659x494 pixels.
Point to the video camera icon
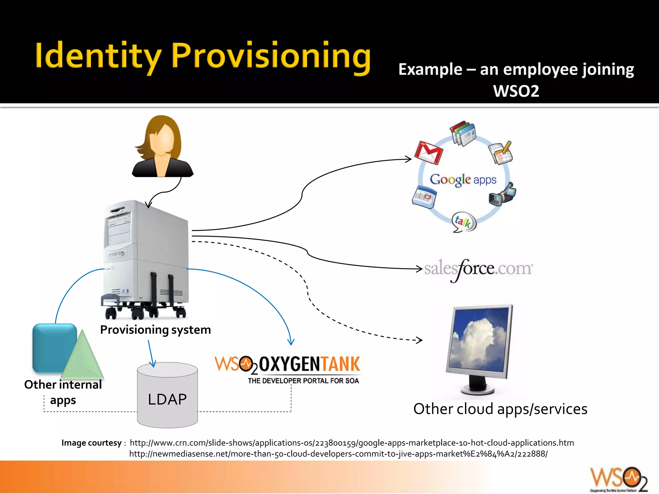tap(502, 194)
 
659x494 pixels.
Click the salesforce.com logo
tap(478, 269)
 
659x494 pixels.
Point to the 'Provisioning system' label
tap(155, 330)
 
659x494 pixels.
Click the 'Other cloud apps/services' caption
tap(500, 409)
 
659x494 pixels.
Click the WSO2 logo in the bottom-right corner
tap(618, 479)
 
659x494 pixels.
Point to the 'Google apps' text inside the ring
tap(463, 179)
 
